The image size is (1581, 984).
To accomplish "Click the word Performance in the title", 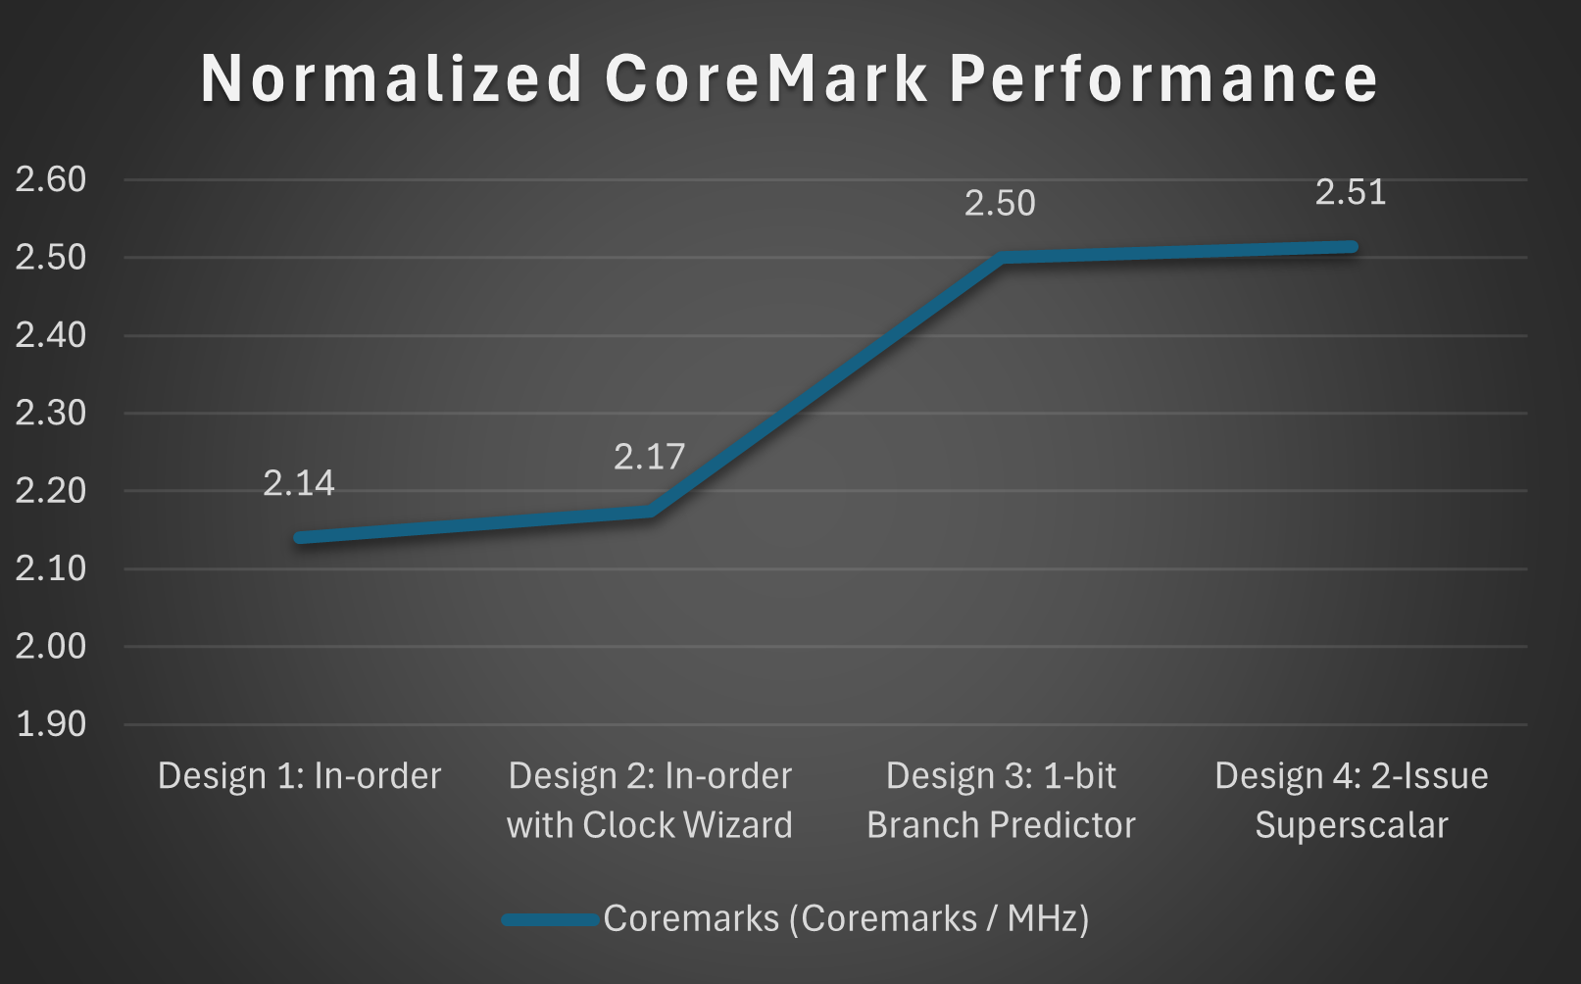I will tap(1163, 78).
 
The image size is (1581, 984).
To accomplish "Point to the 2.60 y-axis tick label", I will tap(51, 179).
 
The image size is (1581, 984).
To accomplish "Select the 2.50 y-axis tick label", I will tap(51, 258).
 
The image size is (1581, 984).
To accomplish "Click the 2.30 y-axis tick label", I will tap(51, 413).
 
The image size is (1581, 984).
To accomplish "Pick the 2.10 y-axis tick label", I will tap(51, 568).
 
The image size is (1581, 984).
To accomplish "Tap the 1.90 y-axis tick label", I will tap(51, 724).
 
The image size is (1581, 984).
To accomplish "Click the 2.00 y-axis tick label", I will tap(51, 646).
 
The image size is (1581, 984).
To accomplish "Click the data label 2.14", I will tap(299, 483).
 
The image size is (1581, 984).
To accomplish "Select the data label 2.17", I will tap(649, 457).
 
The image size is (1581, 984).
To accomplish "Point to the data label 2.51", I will tap(1351, 192).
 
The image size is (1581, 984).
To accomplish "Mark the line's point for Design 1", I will tap(300, 537).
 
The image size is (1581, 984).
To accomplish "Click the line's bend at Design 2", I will tap(650, 512).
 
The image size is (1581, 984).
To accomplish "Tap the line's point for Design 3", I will tap(1001, 258).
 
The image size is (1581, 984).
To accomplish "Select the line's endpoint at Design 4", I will tap(1352, 247).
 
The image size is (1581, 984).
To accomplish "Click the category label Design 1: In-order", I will tap(299, 776).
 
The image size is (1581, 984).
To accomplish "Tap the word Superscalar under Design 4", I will tap(1352, 825).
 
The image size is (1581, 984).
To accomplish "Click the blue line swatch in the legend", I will tap(550, 919).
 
